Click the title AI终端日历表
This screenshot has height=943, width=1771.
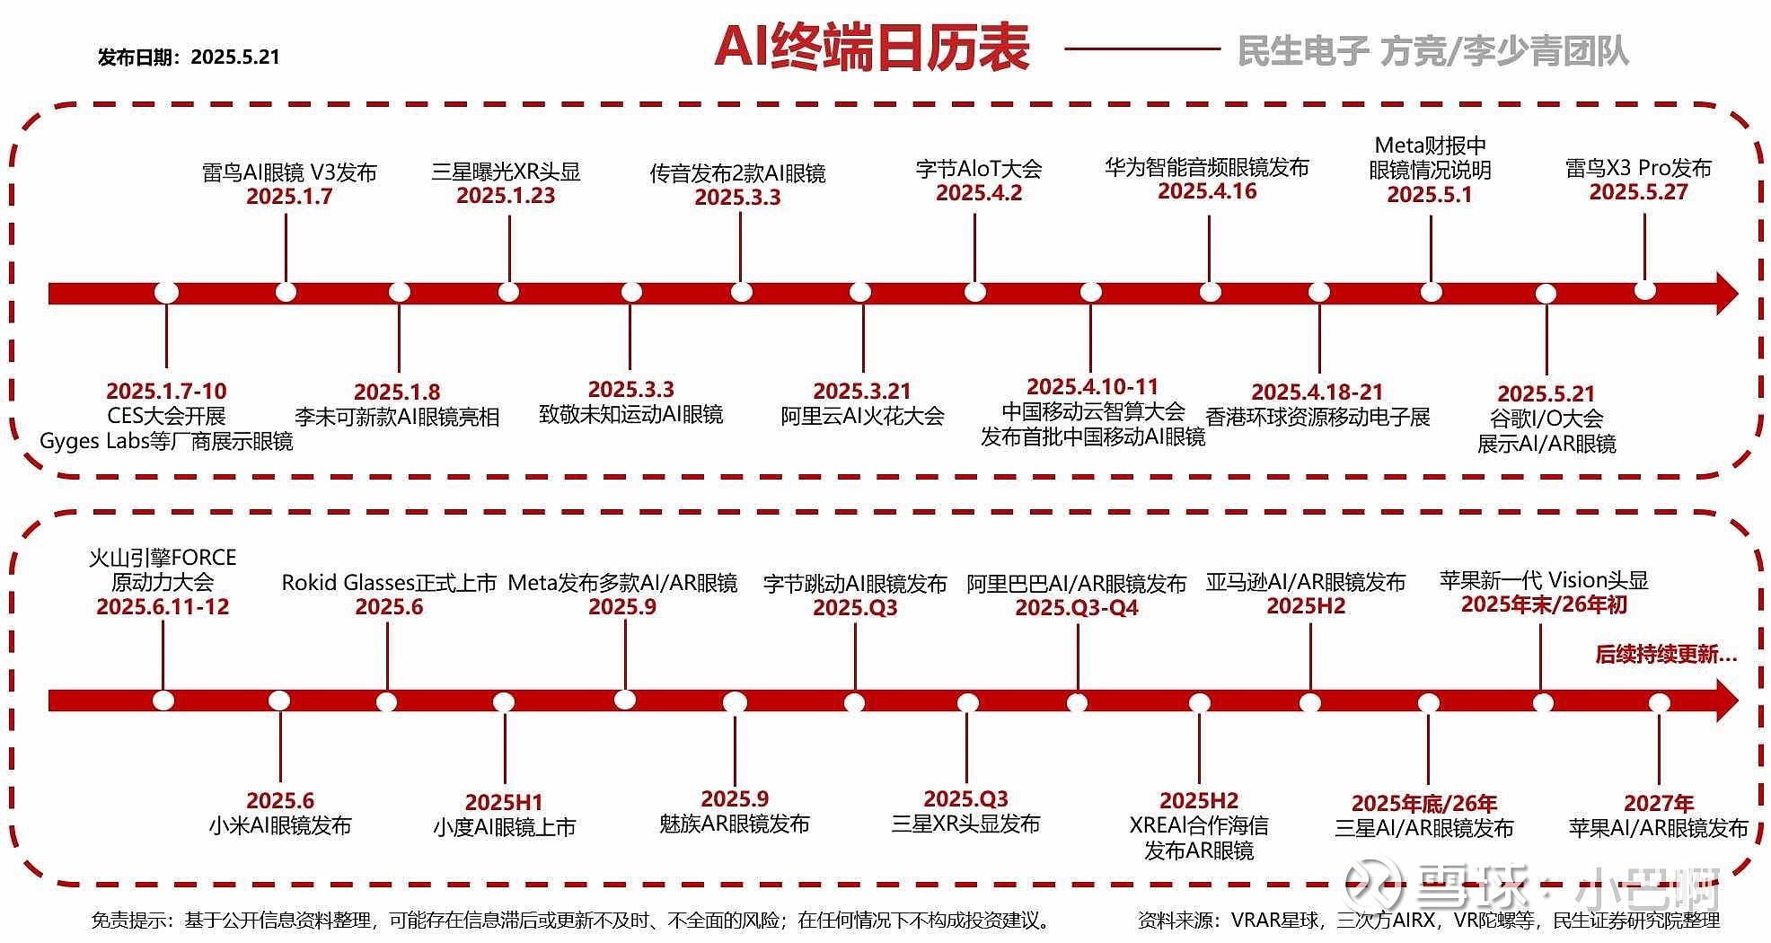[x=871, y=47]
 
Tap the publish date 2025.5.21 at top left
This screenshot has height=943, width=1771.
[x=235, y=57]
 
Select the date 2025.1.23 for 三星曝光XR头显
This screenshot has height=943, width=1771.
[x=506, y=196]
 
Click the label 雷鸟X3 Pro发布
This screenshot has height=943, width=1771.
[x=1638, y=168]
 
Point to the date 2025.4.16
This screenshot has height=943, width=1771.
[x=1207, y=191]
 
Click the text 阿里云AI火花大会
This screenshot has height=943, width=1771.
[x=862, y=416]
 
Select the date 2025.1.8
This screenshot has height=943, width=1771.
[x=397, y=392]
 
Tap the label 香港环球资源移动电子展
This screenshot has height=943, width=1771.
[x=1317, y=417]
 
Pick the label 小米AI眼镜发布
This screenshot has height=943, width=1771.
[x=280, y=825]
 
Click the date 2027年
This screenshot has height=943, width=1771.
[x=1659, y=804]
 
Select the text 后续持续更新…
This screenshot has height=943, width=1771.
[x=1666, y=655]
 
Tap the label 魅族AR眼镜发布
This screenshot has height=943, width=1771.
[x=735, y=824]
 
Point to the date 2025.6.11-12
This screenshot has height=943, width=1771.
[x=163, y=607]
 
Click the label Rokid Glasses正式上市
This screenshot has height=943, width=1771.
[x=389, y=583]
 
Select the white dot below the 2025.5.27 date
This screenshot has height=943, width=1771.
[x=1644, y=290]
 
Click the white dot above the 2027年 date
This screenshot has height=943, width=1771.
[x=1659, y=702]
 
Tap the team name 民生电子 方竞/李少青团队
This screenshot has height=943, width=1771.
[x=1432, y=51]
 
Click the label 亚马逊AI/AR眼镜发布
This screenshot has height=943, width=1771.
[x=1306, y=582]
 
